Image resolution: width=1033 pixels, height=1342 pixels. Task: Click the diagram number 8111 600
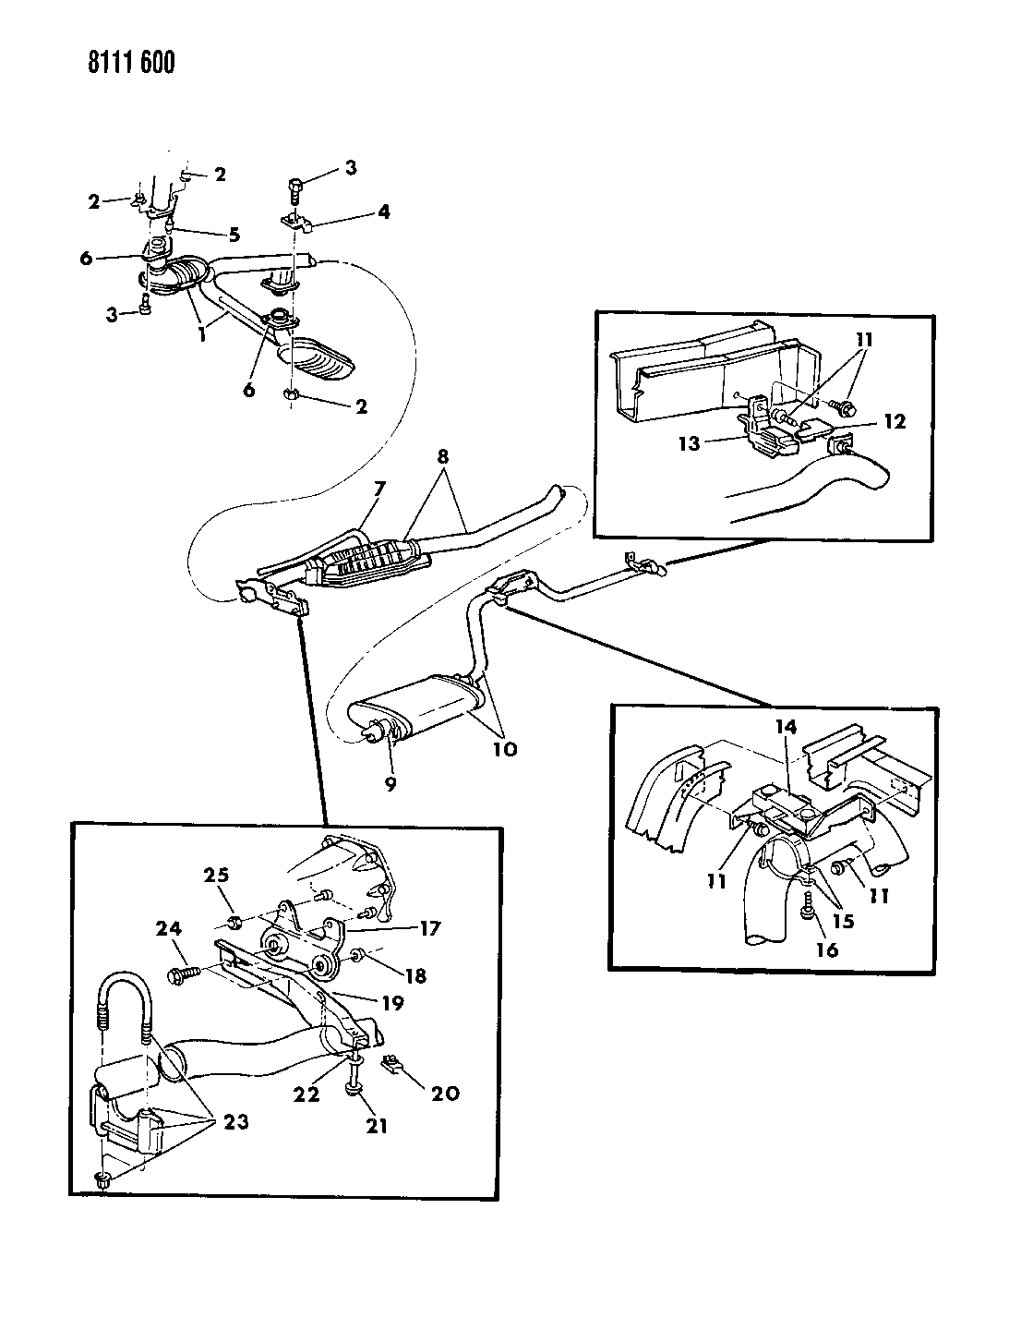115,63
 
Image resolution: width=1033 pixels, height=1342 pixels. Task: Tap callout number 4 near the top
382,212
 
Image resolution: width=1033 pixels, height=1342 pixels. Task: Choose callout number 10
504,748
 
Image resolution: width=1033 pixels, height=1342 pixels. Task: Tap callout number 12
894,422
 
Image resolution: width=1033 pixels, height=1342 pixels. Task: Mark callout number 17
405,925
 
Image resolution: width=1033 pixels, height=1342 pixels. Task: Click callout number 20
446,1093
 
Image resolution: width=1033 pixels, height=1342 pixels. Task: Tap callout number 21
377,1125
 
